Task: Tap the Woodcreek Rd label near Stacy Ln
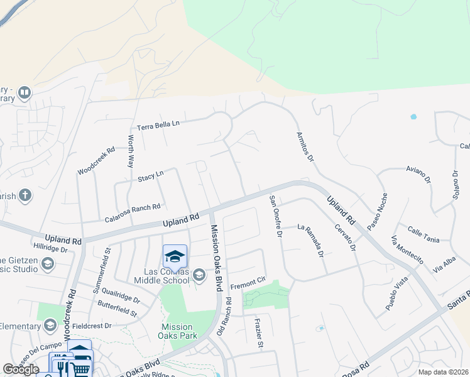click(96, 161)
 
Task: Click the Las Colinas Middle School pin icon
click(175, 256)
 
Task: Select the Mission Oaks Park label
click(177, 331)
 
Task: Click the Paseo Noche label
click(379, 211)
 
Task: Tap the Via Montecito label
click(407, 250)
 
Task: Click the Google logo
click(21, 369)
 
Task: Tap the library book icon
click(25, 94)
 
